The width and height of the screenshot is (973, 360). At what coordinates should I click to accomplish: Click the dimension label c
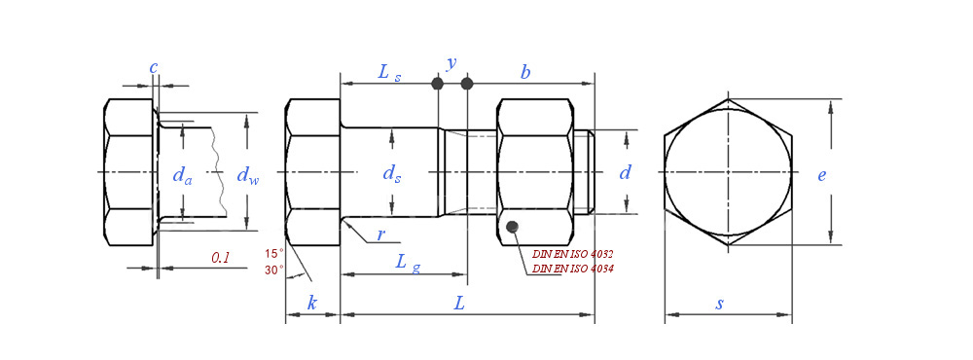coord(154,68)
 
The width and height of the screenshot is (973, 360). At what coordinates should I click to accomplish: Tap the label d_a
coord(183,176)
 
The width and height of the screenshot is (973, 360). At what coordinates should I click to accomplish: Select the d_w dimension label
coord(248,176)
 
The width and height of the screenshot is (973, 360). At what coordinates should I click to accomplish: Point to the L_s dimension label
coord(390,73)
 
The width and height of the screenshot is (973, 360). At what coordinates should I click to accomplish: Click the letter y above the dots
coord(451,62)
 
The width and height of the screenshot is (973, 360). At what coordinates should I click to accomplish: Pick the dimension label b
coord(525,73)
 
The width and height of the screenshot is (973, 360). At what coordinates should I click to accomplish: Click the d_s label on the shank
coord(391,175)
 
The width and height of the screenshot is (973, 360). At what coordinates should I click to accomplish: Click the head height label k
coord(312,303)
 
